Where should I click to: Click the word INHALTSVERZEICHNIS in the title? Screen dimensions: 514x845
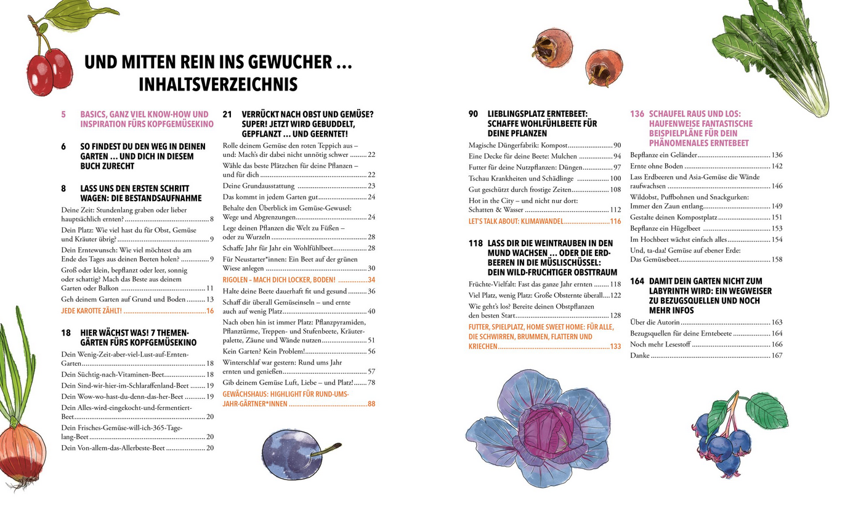click(218, 84)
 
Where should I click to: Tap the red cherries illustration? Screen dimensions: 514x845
click(51, 71)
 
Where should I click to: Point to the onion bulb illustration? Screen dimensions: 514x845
click(22, 453)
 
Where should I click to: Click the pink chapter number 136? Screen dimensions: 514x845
click(637, 114)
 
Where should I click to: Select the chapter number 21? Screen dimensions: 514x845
click(227, 114)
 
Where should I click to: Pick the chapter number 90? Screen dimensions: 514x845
click(474, 114)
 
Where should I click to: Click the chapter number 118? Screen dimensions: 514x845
click(475, 244)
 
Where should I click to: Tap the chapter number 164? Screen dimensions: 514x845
click(637, 281)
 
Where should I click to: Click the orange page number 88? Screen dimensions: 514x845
click(371, 404)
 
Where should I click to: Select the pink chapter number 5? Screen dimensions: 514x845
click(63, 114)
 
